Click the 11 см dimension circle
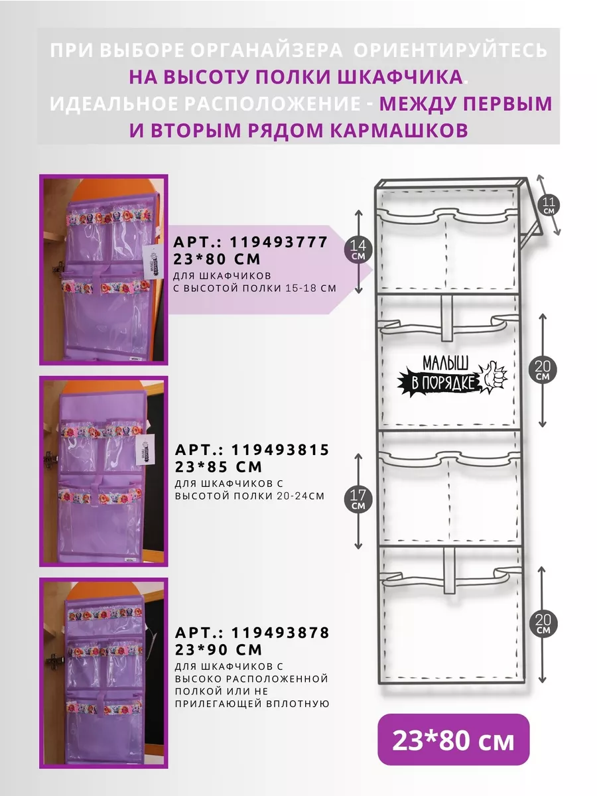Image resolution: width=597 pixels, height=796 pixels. click(549, 205)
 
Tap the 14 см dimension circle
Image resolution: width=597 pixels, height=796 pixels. click(358, 249)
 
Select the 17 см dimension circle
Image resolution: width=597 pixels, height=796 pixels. click(358, 499)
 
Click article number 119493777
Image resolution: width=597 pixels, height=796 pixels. click(279, 241)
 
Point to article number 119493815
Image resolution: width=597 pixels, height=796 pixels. click(280, 450)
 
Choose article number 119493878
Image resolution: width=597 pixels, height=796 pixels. click(280, 633)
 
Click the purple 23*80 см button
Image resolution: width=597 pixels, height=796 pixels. click(453, 740)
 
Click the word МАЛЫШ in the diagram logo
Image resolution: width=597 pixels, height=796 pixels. click(446, 363)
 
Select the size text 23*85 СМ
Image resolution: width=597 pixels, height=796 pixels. click(218, 467)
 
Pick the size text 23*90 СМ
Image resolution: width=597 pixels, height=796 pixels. click(218, 650)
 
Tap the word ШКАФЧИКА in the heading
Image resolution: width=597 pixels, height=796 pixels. click(400, 77)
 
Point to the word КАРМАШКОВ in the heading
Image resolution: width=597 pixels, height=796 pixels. click(399, 130)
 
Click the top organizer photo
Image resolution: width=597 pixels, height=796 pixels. click(103, 270)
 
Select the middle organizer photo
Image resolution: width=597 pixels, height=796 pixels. click(103, 472)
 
